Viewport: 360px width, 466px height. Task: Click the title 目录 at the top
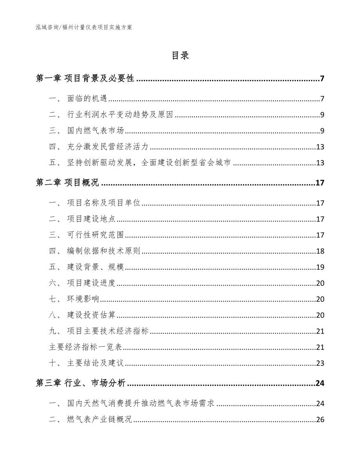click(x=180, y=56)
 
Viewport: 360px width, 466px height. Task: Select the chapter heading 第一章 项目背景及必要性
click(x=85, y=79)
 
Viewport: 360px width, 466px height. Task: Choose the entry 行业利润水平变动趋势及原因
click(x=120, y=115)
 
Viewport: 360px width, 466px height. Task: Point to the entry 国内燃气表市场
click(x=95, y=131)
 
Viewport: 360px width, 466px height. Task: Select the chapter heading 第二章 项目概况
click(x=67, y=183)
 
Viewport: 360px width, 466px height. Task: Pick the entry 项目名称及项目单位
click(x=104, y=203)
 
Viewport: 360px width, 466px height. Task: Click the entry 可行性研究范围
click(x=95, y=235)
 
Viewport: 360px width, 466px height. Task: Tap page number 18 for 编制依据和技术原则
click(x=320, y=251)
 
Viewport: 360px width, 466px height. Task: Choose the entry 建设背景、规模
click(x=95, y=267)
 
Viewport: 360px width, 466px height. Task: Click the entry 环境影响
click(x=83, y=299)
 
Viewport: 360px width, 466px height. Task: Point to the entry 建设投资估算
click(x=91, y=315)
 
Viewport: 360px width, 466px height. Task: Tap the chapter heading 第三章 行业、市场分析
click(x=81, y=383)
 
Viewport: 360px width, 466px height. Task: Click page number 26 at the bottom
click(x=320, y=420)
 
